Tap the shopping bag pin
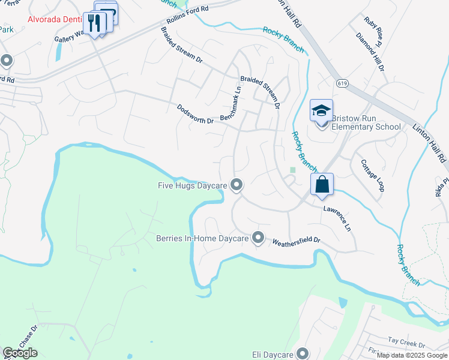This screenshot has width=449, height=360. point(322,185)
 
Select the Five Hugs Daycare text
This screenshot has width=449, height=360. point(187,185)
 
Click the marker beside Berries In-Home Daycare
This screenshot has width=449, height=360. point(258,238)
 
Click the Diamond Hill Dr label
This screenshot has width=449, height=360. point(370,52)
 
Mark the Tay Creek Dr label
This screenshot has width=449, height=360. point(406,346)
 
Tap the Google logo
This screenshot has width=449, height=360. point(20,353)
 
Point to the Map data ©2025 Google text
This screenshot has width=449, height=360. point(412,355)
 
